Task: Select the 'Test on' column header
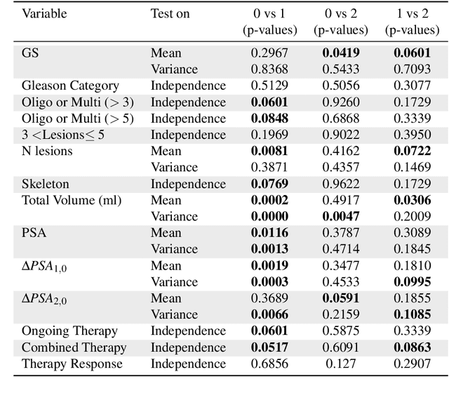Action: tap(170, 13)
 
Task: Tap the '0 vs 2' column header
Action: tap(340, 13)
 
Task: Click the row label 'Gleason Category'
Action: tap(70, 86)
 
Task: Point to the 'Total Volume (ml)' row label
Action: tap(72, 201)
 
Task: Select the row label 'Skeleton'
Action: tap(46, 184)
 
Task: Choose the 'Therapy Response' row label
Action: tap(72, 364)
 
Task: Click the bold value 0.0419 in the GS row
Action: tap(340, 53)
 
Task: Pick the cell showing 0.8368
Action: tap(269, 69)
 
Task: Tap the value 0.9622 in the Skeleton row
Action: tap(340, 184)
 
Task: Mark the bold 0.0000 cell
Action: tap(269, 217)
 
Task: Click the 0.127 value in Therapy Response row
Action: tap(340, 364)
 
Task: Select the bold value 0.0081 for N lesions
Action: tap(269, 151)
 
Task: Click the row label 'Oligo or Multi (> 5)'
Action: tap(78, 118)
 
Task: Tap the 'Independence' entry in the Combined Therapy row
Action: tap(188, 347)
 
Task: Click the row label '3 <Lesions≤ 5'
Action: tap(63, 135)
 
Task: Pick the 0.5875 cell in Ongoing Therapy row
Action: tap(340, 331)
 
